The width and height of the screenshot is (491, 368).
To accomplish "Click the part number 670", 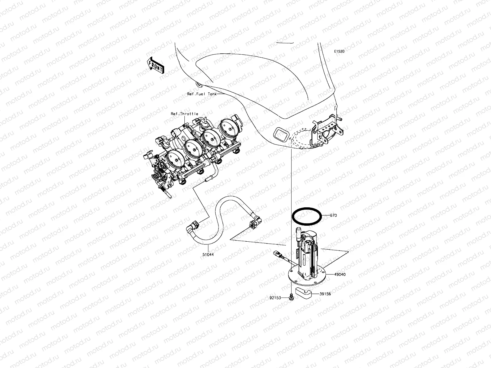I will pos(333,216).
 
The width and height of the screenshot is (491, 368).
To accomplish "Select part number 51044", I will pos(208,254).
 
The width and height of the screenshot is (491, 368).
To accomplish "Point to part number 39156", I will pos(325,294).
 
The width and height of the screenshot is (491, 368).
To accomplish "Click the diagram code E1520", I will pos(339,52).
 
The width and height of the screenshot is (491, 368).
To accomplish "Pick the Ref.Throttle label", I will pos(184,114).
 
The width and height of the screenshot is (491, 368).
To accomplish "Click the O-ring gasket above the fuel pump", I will pos(307,216).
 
